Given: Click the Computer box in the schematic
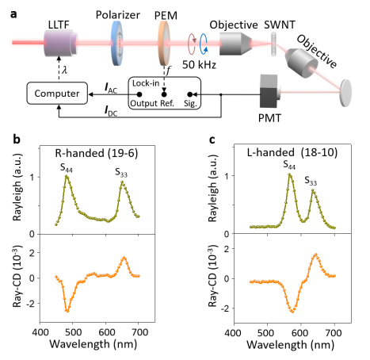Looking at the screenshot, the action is (x=57, y=93).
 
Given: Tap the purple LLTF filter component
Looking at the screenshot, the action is (x=61, y=43).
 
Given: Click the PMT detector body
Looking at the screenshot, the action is (x=269, y=91).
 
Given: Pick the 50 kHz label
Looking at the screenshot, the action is (x=199, y=64).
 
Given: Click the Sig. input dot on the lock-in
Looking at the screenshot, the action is (x=189, y=94).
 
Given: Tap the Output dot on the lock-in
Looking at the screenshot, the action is (x=139, y=94).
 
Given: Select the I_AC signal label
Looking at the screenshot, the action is (x=111, y=88).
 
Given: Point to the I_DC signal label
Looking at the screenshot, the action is (x=111, y=111).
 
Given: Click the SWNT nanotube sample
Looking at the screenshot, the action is (x=274, y=44).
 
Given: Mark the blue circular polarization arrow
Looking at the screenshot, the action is (x=204, y=44).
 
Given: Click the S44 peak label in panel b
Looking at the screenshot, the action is (x=67, y=168).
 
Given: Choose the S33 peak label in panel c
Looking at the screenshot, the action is (x=311, y=181).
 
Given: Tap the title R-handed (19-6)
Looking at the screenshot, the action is (x=97, y=153).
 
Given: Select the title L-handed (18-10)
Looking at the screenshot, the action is (x=292, y=152).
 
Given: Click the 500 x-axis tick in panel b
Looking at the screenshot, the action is (x=73, y=332).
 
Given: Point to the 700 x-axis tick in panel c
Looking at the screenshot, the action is (x=334, y=333).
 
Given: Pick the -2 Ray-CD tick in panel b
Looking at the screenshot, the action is (x=30, y=304).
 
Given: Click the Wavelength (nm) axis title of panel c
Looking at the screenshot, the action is (x=290, y=345).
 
